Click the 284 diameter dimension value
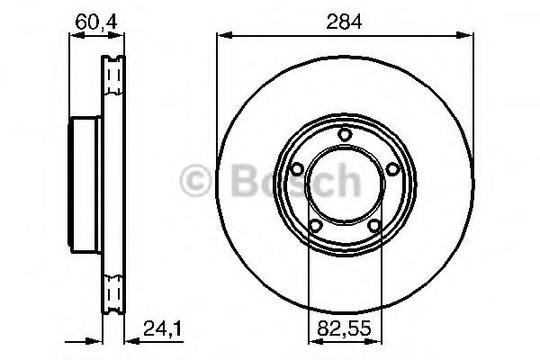[345, 22]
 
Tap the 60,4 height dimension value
[96, 22]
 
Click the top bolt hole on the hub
[345, 134]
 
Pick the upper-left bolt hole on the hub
[297, 169]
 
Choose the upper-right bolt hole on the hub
[392, 169]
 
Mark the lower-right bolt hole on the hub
[374, 226]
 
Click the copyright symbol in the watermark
[195, 180]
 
